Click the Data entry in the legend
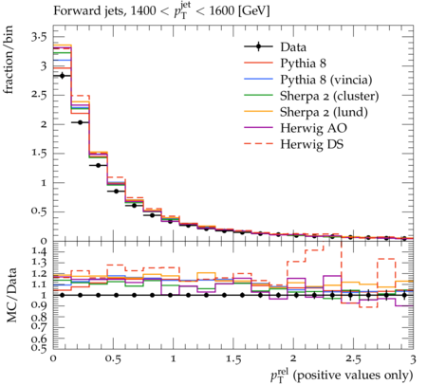[293, 47]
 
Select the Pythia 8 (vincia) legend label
[326, 80]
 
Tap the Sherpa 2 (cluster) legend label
[329, 96]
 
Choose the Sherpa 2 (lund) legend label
[324, 112]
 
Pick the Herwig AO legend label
[313, 128]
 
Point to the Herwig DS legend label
[312, 144]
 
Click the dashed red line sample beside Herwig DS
[258, 144]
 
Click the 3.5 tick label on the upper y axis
[39, 37]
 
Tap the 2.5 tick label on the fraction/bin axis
[39, 95]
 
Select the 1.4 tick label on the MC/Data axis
[39, 251]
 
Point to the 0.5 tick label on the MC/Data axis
[39, 348]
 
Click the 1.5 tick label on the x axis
[233, 359]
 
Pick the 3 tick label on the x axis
[413, 359]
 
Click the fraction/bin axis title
[8, 60]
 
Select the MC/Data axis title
[11, 295]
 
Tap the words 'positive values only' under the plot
[353, 375]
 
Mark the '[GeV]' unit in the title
[253, 11]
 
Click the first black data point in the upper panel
[62, 76]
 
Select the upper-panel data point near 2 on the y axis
[80, 122]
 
